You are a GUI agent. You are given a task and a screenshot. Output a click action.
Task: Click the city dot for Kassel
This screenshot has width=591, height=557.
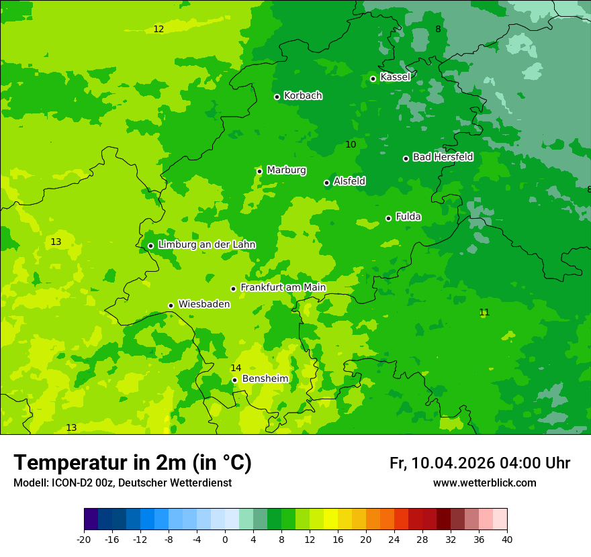pos(373,79)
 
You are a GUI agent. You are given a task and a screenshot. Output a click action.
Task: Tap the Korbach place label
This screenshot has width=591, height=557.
pos(303,96)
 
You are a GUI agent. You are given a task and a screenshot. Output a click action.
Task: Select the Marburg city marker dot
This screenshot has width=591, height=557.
pos(260,171)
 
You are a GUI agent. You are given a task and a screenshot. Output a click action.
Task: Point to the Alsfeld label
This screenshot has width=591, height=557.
pos(349,181)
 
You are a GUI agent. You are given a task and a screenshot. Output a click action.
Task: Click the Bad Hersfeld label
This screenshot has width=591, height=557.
pos(443,157)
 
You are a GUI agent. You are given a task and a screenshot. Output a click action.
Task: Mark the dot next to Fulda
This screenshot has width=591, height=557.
pos(388,218)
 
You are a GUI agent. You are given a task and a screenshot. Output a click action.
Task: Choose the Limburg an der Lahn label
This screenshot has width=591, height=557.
pos(206,245)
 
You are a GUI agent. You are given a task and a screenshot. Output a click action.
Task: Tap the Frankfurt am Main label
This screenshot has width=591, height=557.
pos(283,287)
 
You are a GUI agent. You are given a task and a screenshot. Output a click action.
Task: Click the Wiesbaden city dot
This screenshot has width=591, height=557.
pos(171,305)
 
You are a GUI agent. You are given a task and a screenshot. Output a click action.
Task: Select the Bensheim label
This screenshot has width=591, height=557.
pos(265,379)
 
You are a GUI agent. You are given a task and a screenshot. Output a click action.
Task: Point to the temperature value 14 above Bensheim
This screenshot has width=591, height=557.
pos(236,368)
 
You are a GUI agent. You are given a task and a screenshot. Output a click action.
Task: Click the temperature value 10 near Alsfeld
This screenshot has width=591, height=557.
pos(351,144)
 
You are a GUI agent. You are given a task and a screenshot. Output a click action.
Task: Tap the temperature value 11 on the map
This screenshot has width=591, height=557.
pos(484,312)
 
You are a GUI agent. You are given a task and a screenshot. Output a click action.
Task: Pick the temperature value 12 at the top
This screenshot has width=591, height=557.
pos(158,29)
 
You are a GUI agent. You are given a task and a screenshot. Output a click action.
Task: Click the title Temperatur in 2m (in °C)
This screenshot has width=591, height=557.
pos(132,462)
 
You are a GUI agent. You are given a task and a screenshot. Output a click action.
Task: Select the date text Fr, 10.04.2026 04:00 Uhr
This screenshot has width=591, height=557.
pos(480,463)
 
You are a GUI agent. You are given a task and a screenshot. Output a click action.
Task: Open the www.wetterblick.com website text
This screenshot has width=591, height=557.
pos(484,483)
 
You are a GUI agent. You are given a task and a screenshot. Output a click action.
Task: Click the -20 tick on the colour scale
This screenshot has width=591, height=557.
pos(84,539)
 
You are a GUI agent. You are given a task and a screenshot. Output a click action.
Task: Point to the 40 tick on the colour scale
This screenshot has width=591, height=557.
pos(507,539)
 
